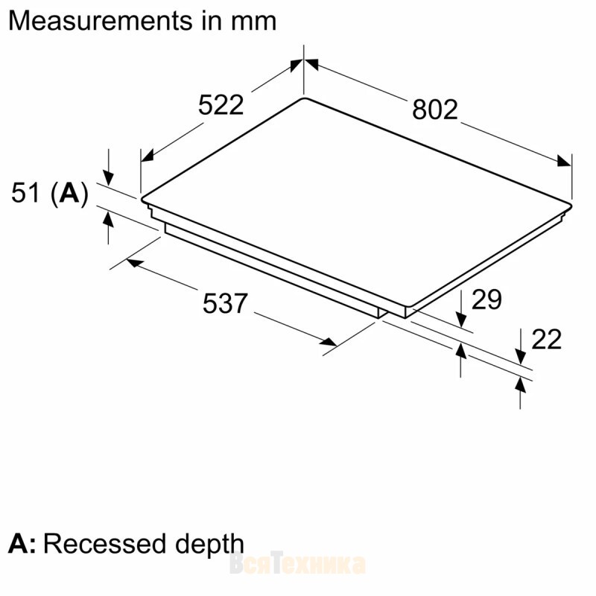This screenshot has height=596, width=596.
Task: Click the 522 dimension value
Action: click(x=221, y=105)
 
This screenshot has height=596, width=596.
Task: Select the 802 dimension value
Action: click(x=435, y=110)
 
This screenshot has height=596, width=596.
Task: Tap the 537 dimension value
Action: click(x=225, y=303)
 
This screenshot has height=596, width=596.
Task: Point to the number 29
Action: click(x=486, y=299)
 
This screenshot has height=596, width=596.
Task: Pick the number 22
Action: click(x=546, y=339)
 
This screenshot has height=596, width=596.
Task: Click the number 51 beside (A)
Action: click(x=25, y=193)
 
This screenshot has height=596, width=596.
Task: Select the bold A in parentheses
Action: click(x=69, y=193)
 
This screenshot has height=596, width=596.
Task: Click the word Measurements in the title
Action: click(x=101, y=21)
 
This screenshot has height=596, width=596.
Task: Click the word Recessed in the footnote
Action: click(x=105, y=544)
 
